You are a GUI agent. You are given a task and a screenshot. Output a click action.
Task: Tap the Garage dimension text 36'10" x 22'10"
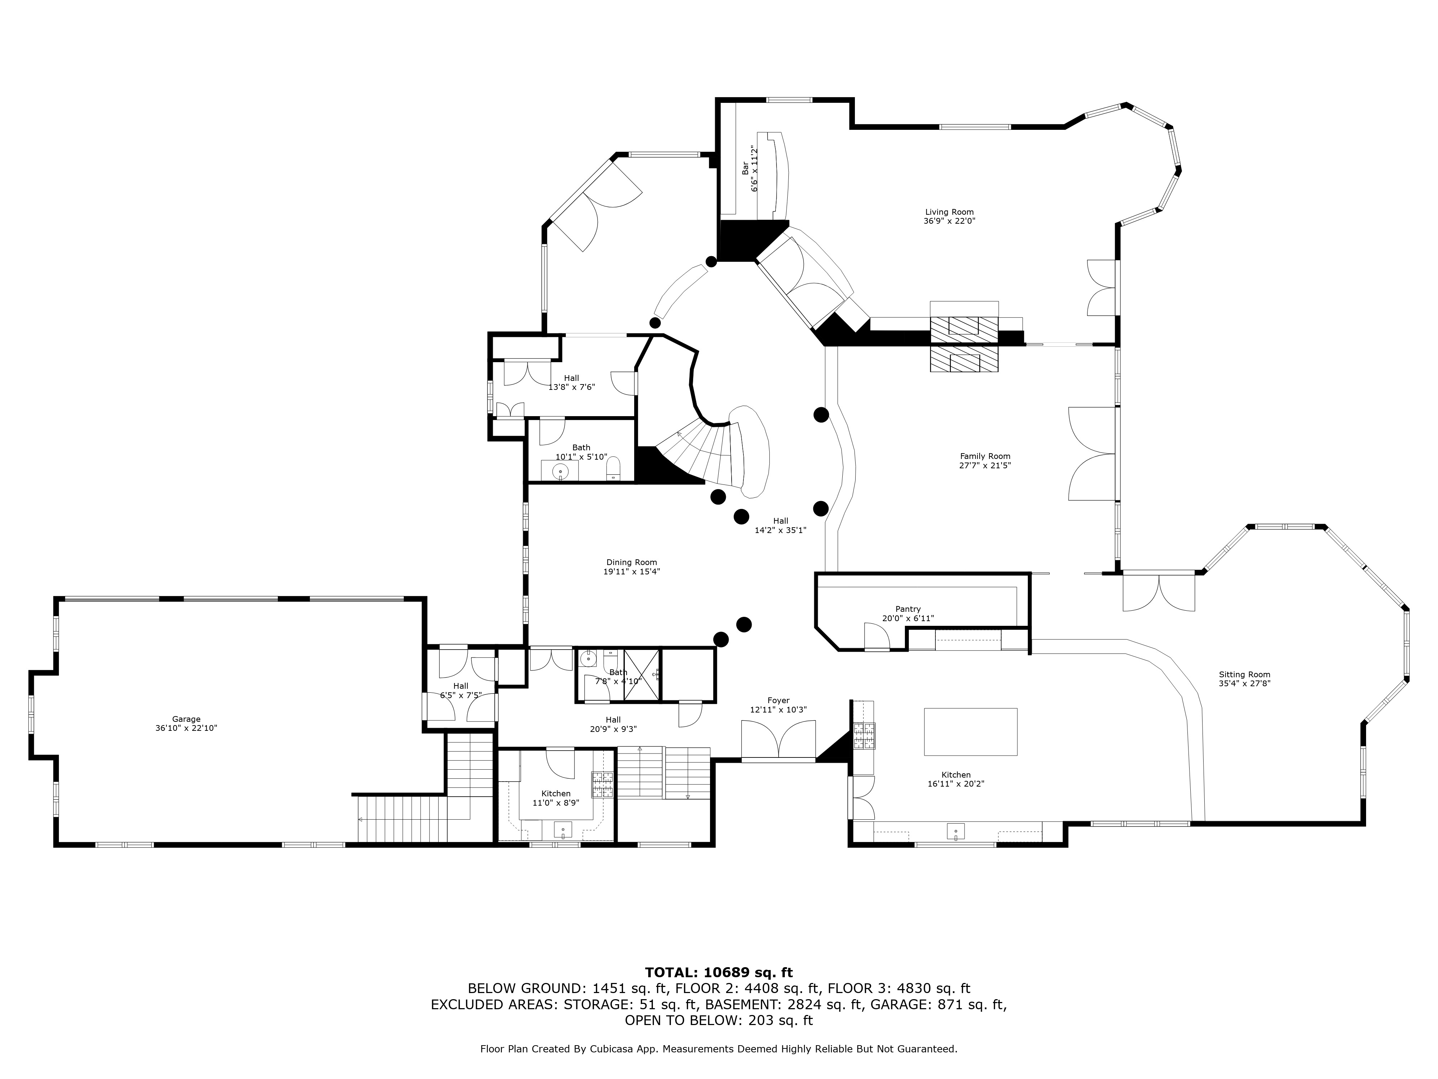click(186, 728)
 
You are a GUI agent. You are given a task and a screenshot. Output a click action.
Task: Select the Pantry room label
click(907, 609)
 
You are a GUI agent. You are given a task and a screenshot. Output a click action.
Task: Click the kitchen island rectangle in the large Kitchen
click(970, 732)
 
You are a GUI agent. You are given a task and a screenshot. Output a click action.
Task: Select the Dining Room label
click(631, 563)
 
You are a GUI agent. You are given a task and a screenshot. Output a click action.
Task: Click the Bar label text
click(745, 168)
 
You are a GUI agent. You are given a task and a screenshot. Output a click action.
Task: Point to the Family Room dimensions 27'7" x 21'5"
click(985, 466)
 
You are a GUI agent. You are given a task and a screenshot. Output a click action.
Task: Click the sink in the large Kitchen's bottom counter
click(956, 832)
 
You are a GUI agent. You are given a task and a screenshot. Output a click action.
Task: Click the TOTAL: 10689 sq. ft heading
click(718, 972)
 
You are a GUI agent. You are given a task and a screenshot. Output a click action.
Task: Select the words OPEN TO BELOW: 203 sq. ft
click(718, 1020)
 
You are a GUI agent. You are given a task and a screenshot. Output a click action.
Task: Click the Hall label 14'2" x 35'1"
click(780, 525)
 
